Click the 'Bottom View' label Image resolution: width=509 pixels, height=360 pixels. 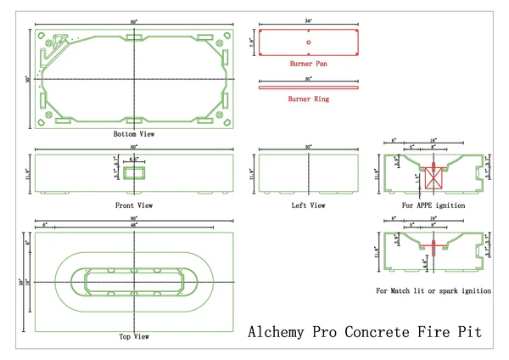(x=134, y=134)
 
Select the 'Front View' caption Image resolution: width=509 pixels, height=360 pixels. (x=134, y=205)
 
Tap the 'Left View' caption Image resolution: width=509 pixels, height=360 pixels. (x=309, y=205)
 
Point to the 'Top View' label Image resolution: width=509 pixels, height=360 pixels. (x=134, y=337)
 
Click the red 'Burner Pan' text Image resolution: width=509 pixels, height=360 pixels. (x=308, y=64)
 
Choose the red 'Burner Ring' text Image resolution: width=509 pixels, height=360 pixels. (x=309, y=99)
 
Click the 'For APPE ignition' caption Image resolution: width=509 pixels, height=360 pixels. (x=433, y=205)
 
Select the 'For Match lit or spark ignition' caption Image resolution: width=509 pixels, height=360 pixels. (x=433, y=291)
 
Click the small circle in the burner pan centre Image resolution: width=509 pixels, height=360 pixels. (x=309, y=42)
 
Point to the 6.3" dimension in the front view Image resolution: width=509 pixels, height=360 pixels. (x=134, y=159)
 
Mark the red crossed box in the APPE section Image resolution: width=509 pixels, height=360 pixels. (x=433, y=178)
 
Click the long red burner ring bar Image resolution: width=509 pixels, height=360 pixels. (x=309, y=87)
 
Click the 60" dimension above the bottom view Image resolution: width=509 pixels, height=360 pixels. (x=134, y=21)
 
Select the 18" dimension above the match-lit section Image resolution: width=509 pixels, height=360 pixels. (x=433, y=225)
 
